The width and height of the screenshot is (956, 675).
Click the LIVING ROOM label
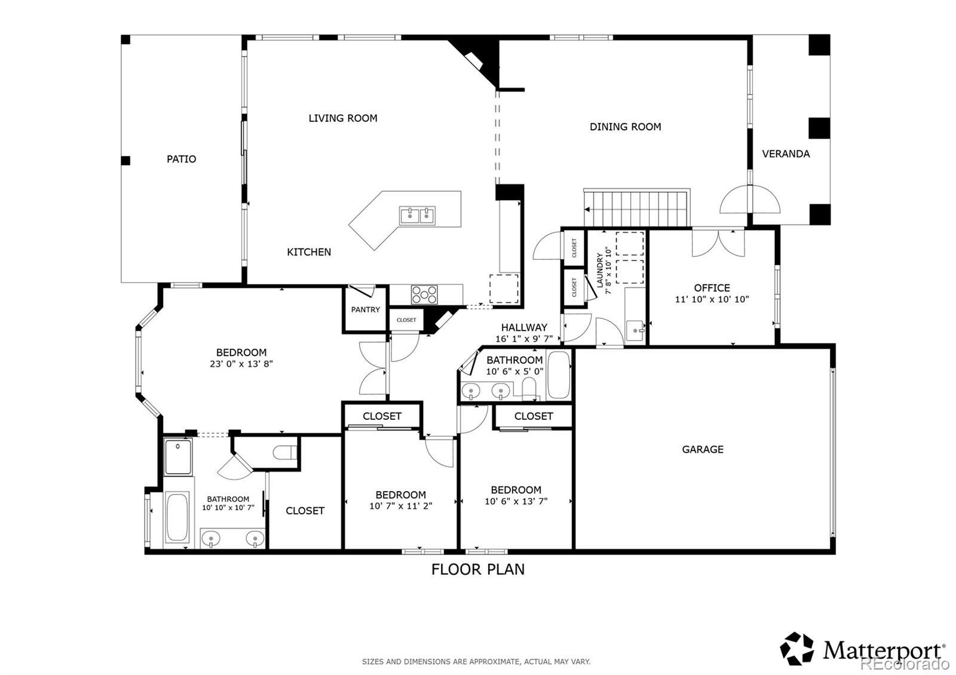343,118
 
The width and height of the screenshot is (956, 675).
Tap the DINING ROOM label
625,127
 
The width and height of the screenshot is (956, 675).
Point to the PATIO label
182,159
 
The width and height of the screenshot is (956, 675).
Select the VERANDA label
786,154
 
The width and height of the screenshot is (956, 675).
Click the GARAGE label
703,449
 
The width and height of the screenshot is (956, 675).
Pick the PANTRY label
365,310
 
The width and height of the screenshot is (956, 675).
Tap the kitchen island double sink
418,216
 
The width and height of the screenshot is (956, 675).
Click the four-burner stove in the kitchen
424,295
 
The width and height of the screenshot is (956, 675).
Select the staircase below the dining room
637,208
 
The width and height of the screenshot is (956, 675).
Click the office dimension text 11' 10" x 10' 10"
712,299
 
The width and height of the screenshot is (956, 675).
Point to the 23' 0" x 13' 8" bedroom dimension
241,364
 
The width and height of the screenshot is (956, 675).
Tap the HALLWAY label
524,328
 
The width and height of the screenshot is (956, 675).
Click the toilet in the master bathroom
284,452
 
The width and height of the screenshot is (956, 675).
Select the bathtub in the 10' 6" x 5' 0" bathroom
558,375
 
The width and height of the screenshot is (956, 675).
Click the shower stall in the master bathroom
178,456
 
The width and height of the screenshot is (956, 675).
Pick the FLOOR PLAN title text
478,570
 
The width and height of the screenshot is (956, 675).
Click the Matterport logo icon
796,649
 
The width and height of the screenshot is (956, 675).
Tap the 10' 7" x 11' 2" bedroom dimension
401,506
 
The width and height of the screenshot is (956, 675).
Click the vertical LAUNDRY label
600,270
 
